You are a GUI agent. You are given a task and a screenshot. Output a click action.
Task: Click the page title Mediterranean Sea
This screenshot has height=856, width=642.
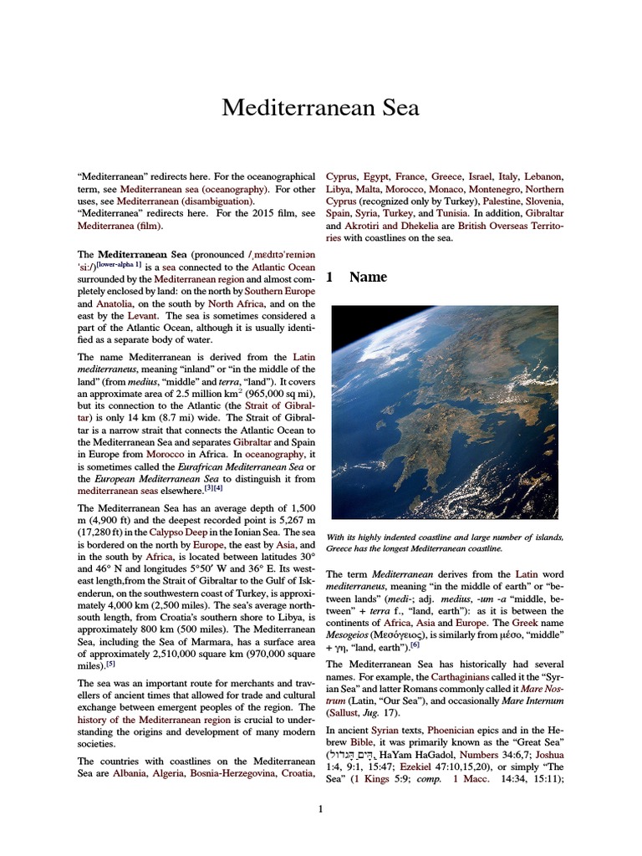pos(320,108)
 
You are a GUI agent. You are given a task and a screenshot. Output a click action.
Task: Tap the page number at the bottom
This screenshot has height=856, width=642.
pos(320,808)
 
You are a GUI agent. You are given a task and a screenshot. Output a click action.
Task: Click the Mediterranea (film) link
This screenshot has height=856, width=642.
pos(120,226)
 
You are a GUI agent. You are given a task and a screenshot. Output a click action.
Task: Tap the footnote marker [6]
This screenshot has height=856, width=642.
pos(415,645)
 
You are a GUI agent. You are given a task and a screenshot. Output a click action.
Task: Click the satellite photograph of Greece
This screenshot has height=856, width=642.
pos(444,412)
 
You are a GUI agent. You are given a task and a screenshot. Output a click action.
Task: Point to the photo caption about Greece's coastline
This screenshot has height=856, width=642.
pos(444,543)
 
